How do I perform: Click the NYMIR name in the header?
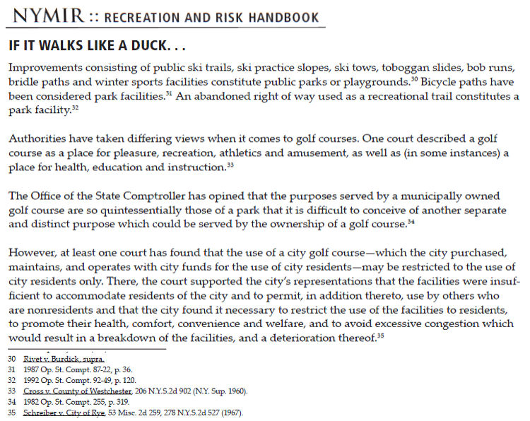tap(49, 15)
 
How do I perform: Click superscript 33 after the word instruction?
tap(230, 165)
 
